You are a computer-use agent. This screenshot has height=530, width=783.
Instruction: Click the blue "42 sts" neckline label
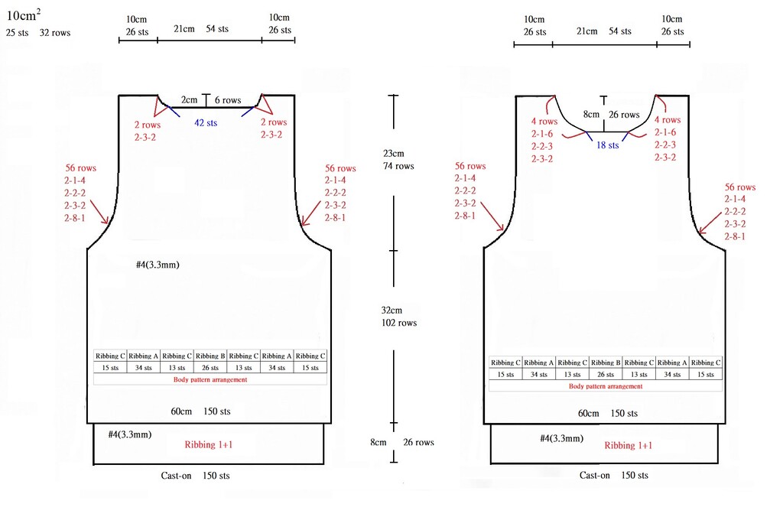tap(206, 123)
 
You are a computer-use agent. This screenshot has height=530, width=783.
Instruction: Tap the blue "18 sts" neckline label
tap(607, 145)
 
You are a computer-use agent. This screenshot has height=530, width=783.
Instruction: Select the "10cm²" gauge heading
tap(24, 15)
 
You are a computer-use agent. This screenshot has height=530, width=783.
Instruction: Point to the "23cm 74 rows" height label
tap(398, 160)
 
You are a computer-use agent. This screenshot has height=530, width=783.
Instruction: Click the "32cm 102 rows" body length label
tap(399, 317)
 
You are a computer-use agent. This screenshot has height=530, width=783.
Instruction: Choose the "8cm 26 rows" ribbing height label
tap(402, 443)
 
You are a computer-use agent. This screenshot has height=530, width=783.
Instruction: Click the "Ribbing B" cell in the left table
tap(210, 356)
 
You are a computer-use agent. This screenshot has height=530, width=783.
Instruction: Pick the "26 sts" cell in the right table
tap(606, 375)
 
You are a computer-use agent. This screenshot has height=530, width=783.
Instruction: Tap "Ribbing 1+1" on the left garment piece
tap(209, 444)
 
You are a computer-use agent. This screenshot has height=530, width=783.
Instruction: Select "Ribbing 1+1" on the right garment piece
tap(629, 446)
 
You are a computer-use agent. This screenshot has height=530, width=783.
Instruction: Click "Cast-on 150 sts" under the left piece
tap(195, 476)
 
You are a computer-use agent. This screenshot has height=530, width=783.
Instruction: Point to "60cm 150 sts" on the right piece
tap(608, 414)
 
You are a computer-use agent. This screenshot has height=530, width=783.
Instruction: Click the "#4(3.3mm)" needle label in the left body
tap(158, 265)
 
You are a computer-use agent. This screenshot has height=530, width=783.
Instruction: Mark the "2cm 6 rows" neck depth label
tap(211, 100)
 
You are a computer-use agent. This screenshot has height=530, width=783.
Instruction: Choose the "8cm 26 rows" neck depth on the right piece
tap(611, 115)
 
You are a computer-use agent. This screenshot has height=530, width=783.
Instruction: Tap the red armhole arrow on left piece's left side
tap(99, 213)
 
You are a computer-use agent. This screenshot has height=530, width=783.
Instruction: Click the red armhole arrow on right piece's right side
tap(710, 223)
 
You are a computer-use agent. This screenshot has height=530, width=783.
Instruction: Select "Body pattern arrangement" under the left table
tap(210, 379)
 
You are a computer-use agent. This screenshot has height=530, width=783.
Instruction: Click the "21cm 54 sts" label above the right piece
tap(604, 31)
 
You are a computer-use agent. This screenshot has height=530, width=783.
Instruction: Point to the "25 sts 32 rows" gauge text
tap(38, 33)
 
